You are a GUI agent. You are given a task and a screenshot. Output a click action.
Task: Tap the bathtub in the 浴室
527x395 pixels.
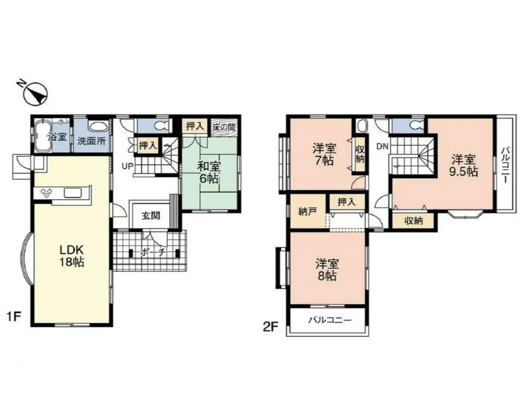click(x=42, y=136)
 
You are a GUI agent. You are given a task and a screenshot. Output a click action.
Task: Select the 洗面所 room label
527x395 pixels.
click(x=91, y=141)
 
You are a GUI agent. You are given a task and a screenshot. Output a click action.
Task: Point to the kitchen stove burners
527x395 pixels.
click(x=47, y=192)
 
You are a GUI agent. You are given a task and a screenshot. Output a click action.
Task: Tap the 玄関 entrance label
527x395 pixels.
click(x=151, y=216)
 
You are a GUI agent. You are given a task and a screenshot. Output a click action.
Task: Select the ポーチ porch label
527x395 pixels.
click(x=153, y=252)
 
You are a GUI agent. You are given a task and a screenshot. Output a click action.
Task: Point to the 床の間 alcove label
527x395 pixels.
click(x=224, y=127)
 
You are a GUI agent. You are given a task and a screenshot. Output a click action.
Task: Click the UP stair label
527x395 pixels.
click(x=127, y=165)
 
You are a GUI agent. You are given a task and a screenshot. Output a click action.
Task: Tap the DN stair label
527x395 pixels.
click(x=382, y=147)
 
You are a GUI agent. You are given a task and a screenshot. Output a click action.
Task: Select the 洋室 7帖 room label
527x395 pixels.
click(x=324, y=154)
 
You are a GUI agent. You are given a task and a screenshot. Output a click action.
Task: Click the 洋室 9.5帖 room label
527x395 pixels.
click(x=463, y=165)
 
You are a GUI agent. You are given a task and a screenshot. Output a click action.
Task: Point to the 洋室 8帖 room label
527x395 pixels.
click(x=326, y=270)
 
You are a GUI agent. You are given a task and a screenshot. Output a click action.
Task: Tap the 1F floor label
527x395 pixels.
click(x=14, y=316)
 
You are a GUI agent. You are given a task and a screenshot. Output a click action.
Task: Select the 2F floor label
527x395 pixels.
click(x=271, y=326)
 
